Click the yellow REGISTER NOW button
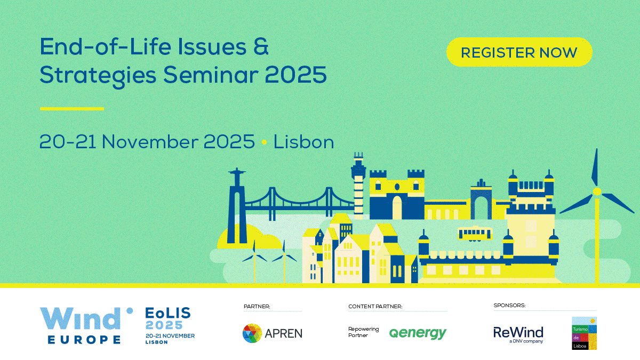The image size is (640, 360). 519,52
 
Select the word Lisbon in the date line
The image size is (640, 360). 303,142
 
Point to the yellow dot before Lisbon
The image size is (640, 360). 265,142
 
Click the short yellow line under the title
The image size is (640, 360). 71,109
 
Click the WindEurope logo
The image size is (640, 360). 86,326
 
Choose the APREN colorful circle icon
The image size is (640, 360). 252,333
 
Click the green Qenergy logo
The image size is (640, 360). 418,333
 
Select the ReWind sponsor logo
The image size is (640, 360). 518,334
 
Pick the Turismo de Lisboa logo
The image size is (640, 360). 585,333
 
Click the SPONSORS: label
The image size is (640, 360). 509,306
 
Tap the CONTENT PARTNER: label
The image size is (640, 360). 375,307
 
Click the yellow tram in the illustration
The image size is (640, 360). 475,234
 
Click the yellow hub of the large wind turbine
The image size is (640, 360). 597,191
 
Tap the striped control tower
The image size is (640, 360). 358,186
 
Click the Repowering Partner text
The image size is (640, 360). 363,332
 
